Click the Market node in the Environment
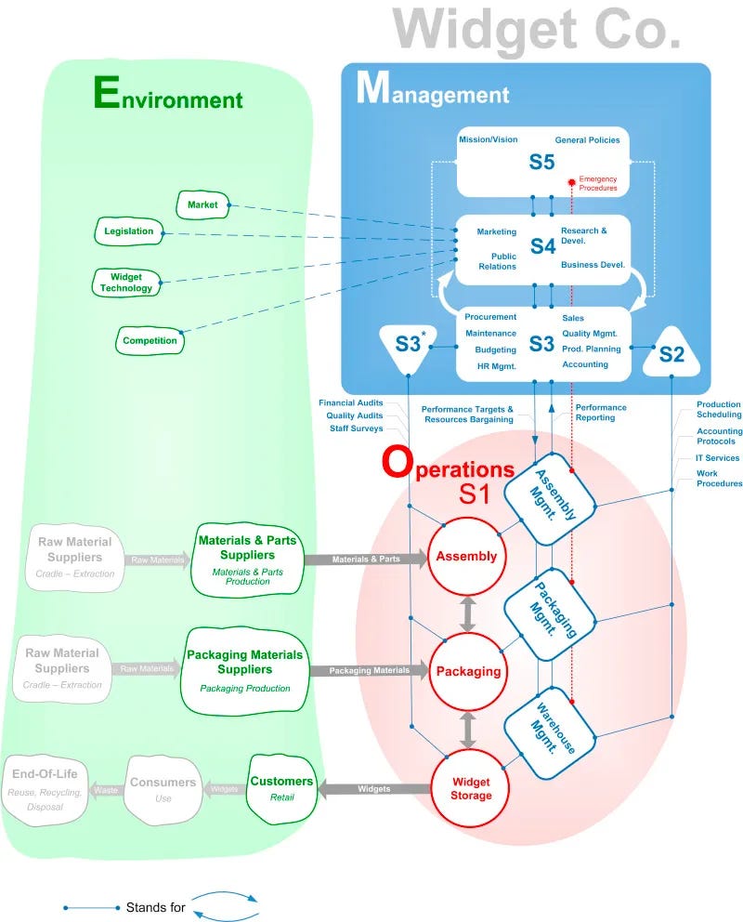click(x=202, y=204)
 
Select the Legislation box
click(x=129, y=231)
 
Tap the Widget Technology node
click(x=126, y=283)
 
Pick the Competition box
click(x=150, y=340)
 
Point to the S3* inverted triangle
click(x=408, y=346)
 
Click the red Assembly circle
click(x=466, y=556)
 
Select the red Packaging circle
click(x=468, y=671)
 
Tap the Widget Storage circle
click(x=471, y=788)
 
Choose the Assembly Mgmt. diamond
click(x=551, y=498)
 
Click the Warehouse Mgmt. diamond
click(x=551, y=733)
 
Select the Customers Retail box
click(x=282, y=789)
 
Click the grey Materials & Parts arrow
click(x=366, y=560)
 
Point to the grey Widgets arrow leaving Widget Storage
click(x=374, y=789)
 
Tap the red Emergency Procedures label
click(x=598, y=183)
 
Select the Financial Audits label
click(x=351, y=402)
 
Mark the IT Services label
click(x=717, y=458)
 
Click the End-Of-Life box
click(x=46, y=790)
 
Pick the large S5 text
click(x=541, y=162)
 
